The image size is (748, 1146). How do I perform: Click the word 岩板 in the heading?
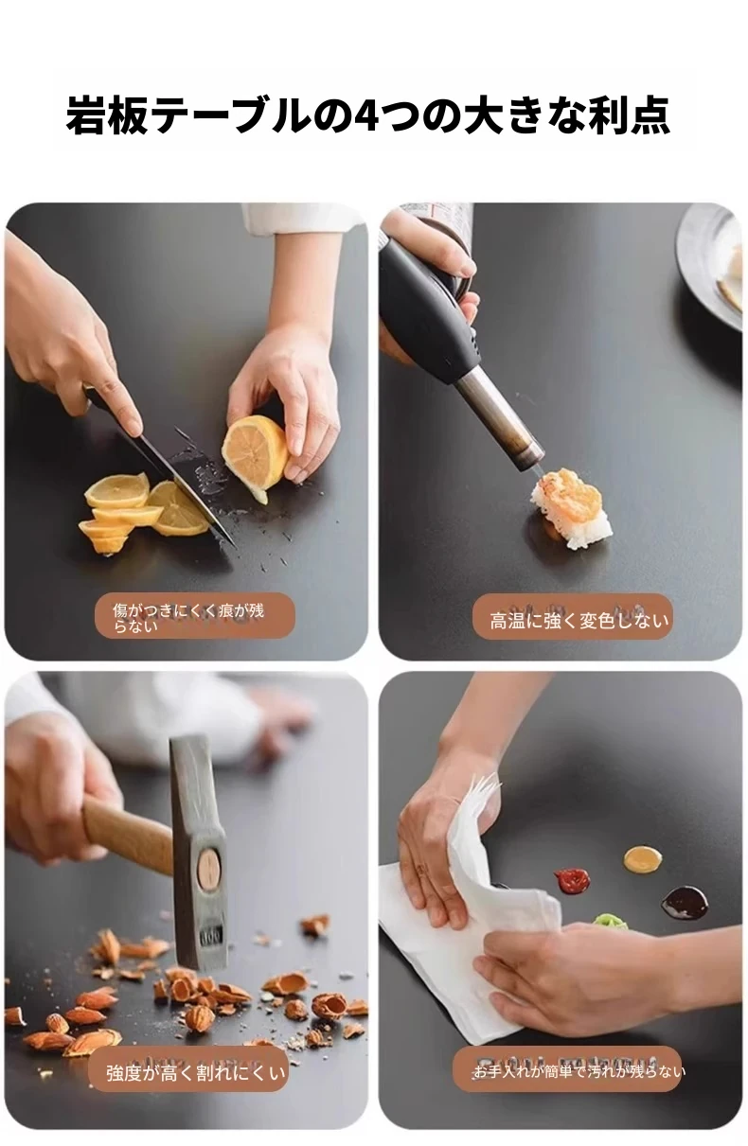pos(107,116)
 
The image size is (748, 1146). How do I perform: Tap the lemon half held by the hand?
pos(253,458)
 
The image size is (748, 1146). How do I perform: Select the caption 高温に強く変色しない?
pos(579,621)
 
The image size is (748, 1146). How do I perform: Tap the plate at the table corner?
pos(710,265)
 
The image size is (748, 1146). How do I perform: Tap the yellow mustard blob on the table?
pos(643,858)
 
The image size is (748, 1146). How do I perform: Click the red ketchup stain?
pos(571,879)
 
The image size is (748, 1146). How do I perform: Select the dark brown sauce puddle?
pos(685,902)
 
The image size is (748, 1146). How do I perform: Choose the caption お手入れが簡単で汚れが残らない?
pos(579,1070)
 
